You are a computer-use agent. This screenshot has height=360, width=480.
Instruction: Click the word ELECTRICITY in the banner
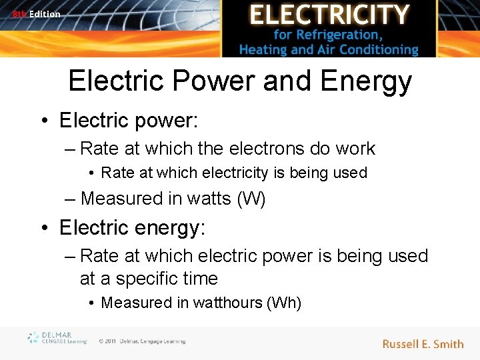(329, 14)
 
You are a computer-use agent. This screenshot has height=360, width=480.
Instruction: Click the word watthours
(227, 303)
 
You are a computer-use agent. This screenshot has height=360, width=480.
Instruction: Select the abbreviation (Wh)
(284, 303)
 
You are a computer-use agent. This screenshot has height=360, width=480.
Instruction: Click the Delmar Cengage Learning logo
(57, 338)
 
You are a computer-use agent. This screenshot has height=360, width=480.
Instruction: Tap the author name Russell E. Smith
(423, 344)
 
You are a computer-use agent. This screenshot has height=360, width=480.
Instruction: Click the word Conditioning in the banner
(379, 49)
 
